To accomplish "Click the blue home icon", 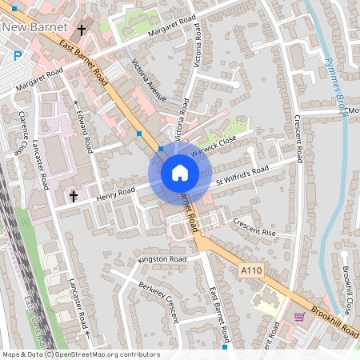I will [179, 171].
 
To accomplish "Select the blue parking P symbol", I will [17, 57].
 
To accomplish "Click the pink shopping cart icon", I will [299, 317].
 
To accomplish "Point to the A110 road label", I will [252, 272].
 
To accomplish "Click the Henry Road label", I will [115, 191].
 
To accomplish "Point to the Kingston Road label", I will [162, 260].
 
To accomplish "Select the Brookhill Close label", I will [348, 289].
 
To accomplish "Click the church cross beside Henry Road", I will [73, 196].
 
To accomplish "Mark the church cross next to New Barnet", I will [82, 31].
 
